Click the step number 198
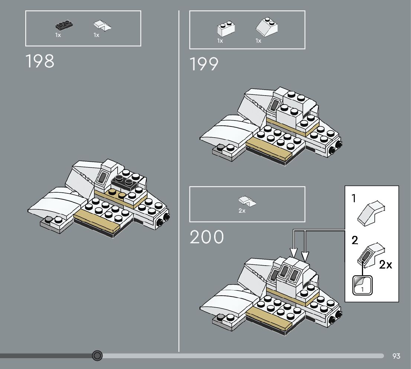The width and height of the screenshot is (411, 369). (40, 61)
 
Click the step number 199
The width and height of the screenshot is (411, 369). (204, 64)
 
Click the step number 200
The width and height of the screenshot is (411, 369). (207, 237)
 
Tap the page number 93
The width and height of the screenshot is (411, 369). (396, 356)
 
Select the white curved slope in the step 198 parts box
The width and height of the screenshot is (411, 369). (103, 25)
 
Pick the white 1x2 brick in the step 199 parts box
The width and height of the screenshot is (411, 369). (226, 29)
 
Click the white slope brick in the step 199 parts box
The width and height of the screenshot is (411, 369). (267, 27)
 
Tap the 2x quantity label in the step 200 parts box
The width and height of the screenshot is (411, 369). (242, 211)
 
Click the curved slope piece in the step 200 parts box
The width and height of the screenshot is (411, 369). (247, 201)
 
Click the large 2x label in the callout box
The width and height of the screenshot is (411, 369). (385, 265)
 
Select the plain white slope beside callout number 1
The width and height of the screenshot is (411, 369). (371, 213)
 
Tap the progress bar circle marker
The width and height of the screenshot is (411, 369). (97, 356)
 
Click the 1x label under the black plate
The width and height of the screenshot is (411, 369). (58, 35)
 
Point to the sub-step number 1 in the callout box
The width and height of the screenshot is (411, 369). (354, 199)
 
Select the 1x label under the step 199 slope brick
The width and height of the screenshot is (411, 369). (259, 41)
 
